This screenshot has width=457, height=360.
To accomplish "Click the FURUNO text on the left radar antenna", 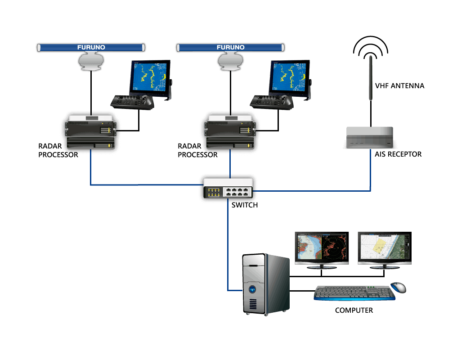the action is point(91,47).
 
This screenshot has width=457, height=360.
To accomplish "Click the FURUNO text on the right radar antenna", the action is point(231,47).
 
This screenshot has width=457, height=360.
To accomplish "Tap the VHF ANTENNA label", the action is point(399,85).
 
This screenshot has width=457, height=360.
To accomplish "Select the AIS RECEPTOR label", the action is point(398,154).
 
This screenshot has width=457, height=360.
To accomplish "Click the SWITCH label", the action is point(245,205).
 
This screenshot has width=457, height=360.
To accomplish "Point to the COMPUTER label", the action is point(354,310).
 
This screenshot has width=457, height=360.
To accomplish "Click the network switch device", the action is point(228,188).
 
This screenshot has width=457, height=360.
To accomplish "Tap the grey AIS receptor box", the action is point(370,138).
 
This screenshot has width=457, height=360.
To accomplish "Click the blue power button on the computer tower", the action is point(252,289).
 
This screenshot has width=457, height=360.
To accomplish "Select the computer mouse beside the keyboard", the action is point(399,288).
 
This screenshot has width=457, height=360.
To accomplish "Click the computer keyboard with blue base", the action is point(354,293).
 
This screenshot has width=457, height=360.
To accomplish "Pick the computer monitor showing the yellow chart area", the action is point(385,250).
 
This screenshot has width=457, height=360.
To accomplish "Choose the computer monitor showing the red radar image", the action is point(322,250).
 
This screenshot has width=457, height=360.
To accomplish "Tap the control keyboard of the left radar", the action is point(132,102).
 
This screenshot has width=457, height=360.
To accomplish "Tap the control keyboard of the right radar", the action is point(272,102).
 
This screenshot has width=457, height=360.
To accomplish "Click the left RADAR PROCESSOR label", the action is point(58,150).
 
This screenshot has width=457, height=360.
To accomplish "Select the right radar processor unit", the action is point(230,132).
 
